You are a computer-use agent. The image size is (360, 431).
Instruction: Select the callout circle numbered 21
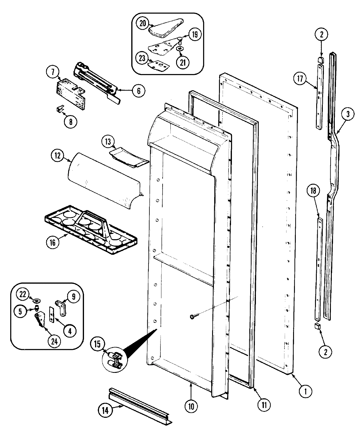183,62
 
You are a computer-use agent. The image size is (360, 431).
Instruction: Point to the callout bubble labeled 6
138,90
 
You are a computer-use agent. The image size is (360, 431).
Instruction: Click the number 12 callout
57,156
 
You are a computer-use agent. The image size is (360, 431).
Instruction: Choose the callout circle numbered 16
53,242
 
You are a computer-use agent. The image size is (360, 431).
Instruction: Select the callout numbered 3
347,114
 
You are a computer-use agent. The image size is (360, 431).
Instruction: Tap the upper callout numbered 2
321,35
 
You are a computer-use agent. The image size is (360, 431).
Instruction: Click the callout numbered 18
314,191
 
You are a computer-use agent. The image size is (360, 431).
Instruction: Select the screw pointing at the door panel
192,316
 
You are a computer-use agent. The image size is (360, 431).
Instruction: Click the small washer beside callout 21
179,49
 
